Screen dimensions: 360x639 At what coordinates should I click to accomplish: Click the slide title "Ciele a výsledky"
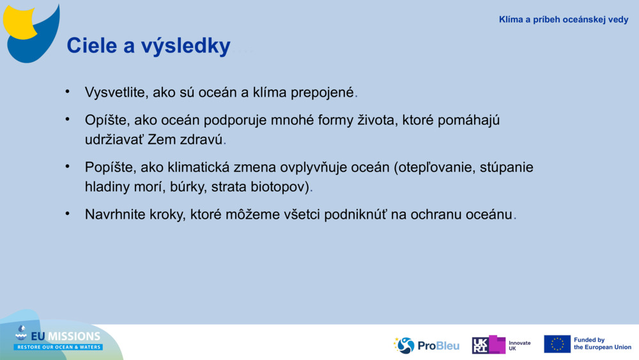tap(148, 46)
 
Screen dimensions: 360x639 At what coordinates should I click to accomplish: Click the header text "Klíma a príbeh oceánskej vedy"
tap(563, 20)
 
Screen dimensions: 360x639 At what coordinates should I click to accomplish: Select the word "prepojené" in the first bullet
tap(322, 92)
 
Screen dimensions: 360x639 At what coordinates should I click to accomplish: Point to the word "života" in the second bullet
tap(377, 120)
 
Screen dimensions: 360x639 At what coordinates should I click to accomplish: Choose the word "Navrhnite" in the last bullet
tap(115, 215)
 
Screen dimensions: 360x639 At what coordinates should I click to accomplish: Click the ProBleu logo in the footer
tap(426, 345)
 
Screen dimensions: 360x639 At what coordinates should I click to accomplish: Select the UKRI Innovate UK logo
tap(501, 345)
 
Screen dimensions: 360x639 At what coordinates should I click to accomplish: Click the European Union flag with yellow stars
tap(557, 344)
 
